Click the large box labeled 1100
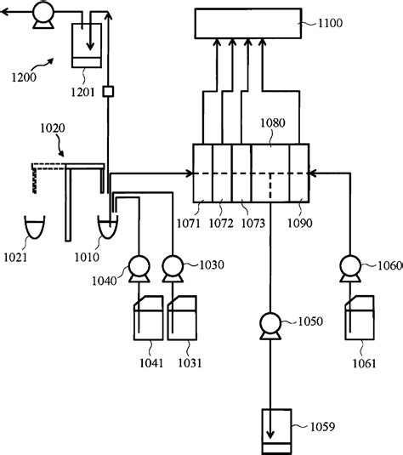pyautogui.click(x=248, y=24)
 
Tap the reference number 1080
pyautogui.click(x=273, y=123)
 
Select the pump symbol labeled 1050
pyautogui.click(x=270, y=324)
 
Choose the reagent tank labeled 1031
pyautogui.click(x=183, y=318)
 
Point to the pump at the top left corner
pyautogui.click(x=40, y=14)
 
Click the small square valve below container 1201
pyautogui.click(x=108, y=92)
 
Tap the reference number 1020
pyautogui.click(x=53, y=128)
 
